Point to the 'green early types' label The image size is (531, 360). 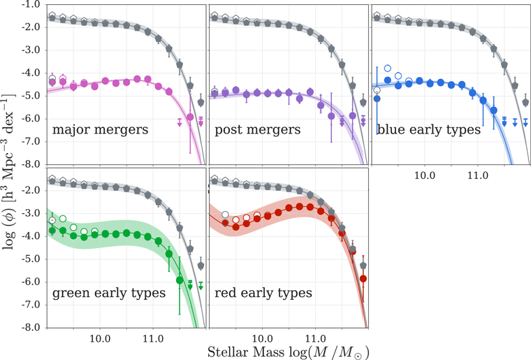coord(108,292)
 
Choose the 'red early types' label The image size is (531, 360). coord(264,292)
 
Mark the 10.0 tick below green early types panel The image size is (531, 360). coord(100,336)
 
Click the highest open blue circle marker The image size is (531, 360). coord(388,69)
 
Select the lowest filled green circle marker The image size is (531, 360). coord(180,280)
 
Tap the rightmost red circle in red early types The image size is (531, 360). coord(363,279)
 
